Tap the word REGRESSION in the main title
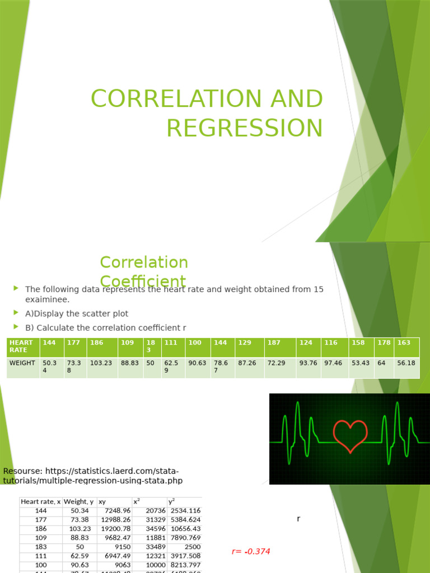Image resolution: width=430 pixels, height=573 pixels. point(245,128)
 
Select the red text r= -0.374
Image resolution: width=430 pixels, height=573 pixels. point(251,551)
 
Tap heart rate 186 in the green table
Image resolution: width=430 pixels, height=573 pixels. point(97,342)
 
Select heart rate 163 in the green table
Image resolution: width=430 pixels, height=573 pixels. point(404,342)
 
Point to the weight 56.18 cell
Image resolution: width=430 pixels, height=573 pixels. point(406,363)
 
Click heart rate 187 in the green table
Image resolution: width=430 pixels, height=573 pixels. point(274,342)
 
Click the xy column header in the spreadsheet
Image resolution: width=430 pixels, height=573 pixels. point(102,502)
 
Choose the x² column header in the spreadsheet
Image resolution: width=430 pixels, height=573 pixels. point(136,502)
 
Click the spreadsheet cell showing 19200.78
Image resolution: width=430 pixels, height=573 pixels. point(115,529)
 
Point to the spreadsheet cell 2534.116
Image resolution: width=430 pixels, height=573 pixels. point(185,511)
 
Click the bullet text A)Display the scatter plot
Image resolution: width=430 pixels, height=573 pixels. point(77,314)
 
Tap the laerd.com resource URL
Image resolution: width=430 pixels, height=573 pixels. point(93,476)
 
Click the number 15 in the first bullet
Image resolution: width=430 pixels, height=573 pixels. point(318,289)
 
